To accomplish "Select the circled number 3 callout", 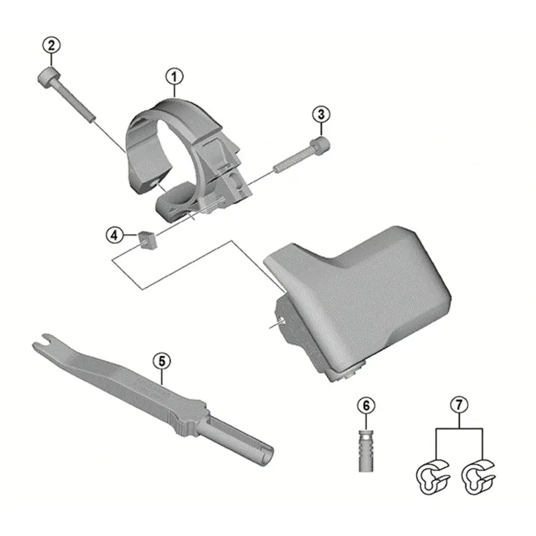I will (x=321, y=114).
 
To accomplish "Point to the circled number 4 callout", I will (x=115, y=234).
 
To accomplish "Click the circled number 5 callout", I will (x=161, y=360).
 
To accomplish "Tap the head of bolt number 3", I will (x=320, y=144).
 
